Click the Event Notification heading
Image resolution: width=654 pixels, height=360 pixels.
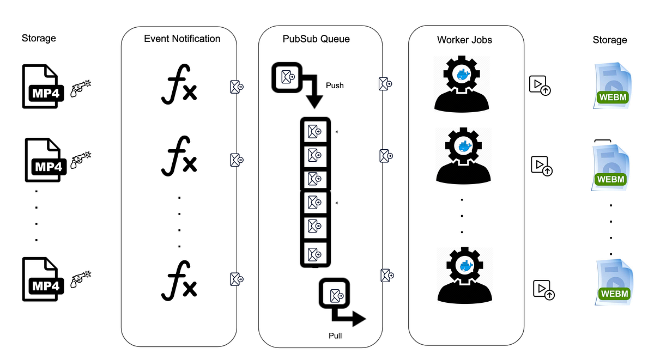(x=182, y=39)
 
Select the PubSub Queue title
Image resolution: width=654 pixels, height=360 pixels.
(x=316, y=39)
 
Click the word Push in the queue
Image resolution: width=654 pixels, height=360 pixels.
(x=335, y=86)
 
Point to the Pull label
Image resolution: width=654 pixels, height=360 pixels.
(x=335, y=335)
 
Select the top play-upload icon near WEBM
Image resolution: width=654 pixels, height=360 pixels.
(x=540, y=86)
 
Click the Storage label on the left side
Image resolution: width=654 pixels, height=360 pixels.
(x=39, y=38)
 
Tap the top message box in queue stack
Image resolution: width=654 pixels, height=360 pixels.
(x=314, y=131)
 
